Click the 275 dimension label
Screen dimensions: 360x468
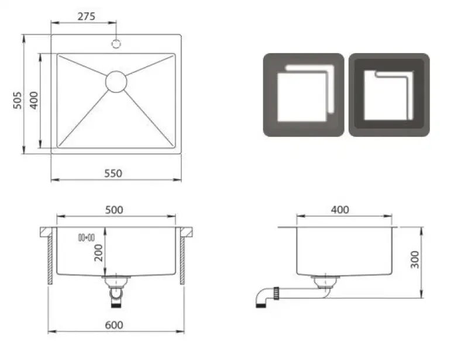click(86, 16)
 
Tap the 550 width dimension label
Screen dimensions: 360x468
click(113, 173)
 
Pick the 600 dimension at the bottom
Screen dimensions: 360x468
click(115, 325)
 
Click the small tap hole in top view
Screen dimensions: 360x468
click(116, 43)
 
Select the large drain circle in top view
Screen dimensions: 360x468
click(116, 81)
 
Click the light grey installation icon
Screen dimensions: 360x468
click(302, 95)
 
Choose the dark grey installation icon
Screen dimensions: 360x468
click(389, 95)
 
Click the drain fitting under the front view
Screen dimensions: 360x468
click(116, 289)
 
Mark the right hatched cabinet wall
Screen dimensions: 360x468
click(183, 260)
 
